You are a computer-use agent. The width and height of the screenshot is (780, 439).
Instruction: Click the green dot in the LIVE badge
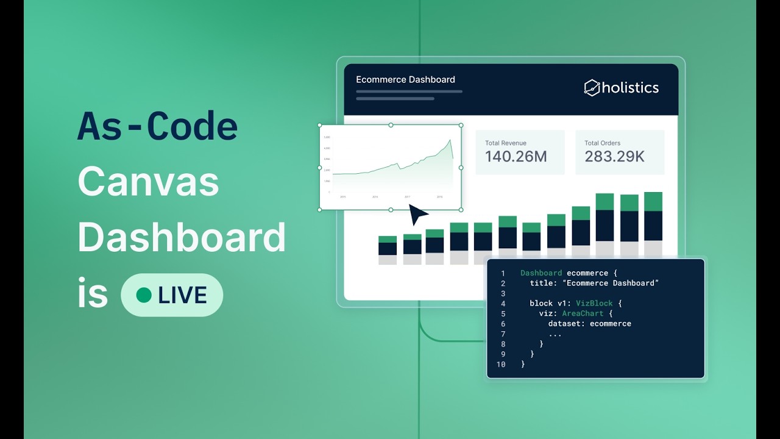point(144,295)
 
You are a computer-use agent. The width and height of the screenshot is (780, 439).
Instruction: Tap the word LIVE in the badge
point(182,295)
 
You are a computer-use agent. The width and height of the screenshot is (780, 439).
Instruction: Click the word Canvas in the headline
point(148,181)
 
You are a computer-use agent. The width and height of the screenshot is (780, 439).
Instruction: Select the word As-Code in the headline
point(157,127)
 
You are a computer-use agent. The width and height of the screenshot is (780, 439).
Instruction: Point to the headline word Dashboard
point(182,237)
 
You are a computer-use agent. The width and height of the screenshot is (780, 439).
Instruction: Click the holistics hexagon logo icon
point(592,88)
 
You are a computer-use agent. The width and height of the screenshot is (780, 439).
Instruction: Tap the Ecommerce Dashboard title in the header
point(405,79)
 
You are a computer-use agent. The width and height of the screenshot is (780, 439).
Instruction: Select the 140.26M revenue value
point(516,157)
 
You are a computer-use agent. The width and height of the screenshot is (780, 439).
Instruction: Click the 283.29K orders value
point(614,157)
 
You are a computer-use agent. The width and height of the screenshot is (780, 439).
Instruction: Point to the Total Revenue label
point(505,143)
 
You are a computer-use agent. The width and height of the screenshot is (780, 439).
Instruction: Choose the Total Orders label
point(603,143)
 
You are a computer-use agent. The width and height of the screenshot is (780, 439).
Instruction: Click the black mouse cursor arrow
point(417,215)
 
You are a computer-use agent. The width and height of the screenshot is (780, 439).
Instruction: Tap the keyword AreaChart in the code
point(583,313)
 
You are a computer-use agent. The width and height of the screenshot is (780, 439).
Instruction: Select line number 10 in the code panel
point(501,364)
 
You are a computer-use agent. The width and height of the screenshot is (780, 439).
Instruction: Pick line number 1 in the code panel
point(503,273)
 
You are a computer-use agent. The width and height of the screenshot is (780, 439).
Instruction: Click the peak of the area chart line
point(450,140)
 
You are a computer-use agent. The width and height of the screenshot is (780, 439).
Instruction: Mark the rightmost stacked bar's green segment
point(653,202)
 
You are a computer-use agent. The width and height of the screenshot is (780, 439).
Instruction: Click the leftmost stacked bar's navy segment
point(388,249)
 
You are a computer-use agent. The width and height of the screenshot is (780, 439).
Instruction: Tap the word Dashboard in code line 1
point(541,273)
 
